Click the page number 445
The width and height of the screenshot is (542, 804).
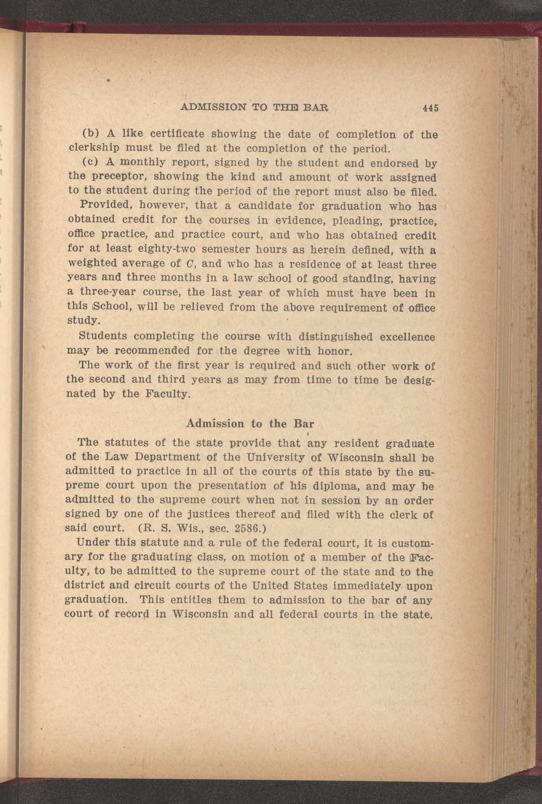(x=431, y=108)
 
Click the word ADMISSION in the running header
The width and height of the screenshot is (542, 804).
(x=213, y=107)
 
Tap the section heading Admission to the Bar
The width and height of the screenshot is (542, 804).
(x=249, y=424)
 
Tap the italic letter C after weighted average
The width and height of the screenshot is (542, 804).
(x=193, y=264)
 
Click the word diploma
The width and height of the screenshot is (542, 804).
(x=325, y=486)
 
